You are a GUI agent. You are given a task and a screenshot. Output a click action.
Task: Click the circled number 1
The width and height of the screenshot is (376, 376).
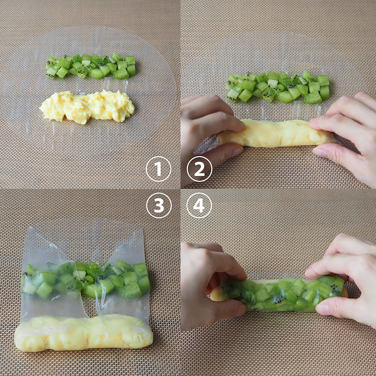(x=159, y=169)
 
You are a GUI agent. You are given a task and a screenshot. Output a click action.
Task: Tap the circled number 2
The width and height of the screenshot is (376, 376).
(x=200, y=169)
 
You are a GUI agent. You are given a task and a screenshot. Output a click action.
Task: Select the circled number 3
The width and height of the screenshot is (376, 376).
(x=159, y=205)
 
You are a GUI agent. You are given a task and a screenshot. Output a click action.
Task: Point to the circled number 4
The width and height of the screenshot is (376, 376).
(x=199, y=205)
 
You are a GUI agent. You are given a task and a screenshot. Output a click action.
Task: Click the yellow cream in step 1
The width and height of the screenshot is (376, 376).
(x=87, y=107)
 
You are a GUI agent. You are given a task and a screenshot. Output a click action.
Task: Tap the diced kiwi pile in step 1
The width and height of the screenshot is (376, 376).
(x=91, y=66)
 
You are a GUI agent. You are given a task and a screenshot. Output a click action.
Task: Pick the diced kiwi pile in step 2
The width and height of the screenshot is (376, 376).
(x=278, y=87)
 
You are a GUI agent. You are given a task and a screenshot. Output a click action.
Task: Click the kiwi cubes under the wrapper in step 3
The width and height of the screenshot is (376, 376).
(x=86, y=280)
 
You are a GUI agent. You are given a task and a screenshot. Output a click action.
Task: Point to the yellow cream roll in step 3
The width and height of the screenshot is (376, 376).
(x=83, y=333)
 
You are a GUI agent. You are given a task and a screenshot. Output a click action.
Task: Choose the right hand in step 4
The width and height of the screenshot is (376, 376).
(x=345, y=280)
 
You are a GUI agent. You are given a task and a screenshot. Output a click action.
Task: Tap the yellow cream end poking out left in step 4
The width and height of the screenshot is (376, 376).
(x=215, y=294)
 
